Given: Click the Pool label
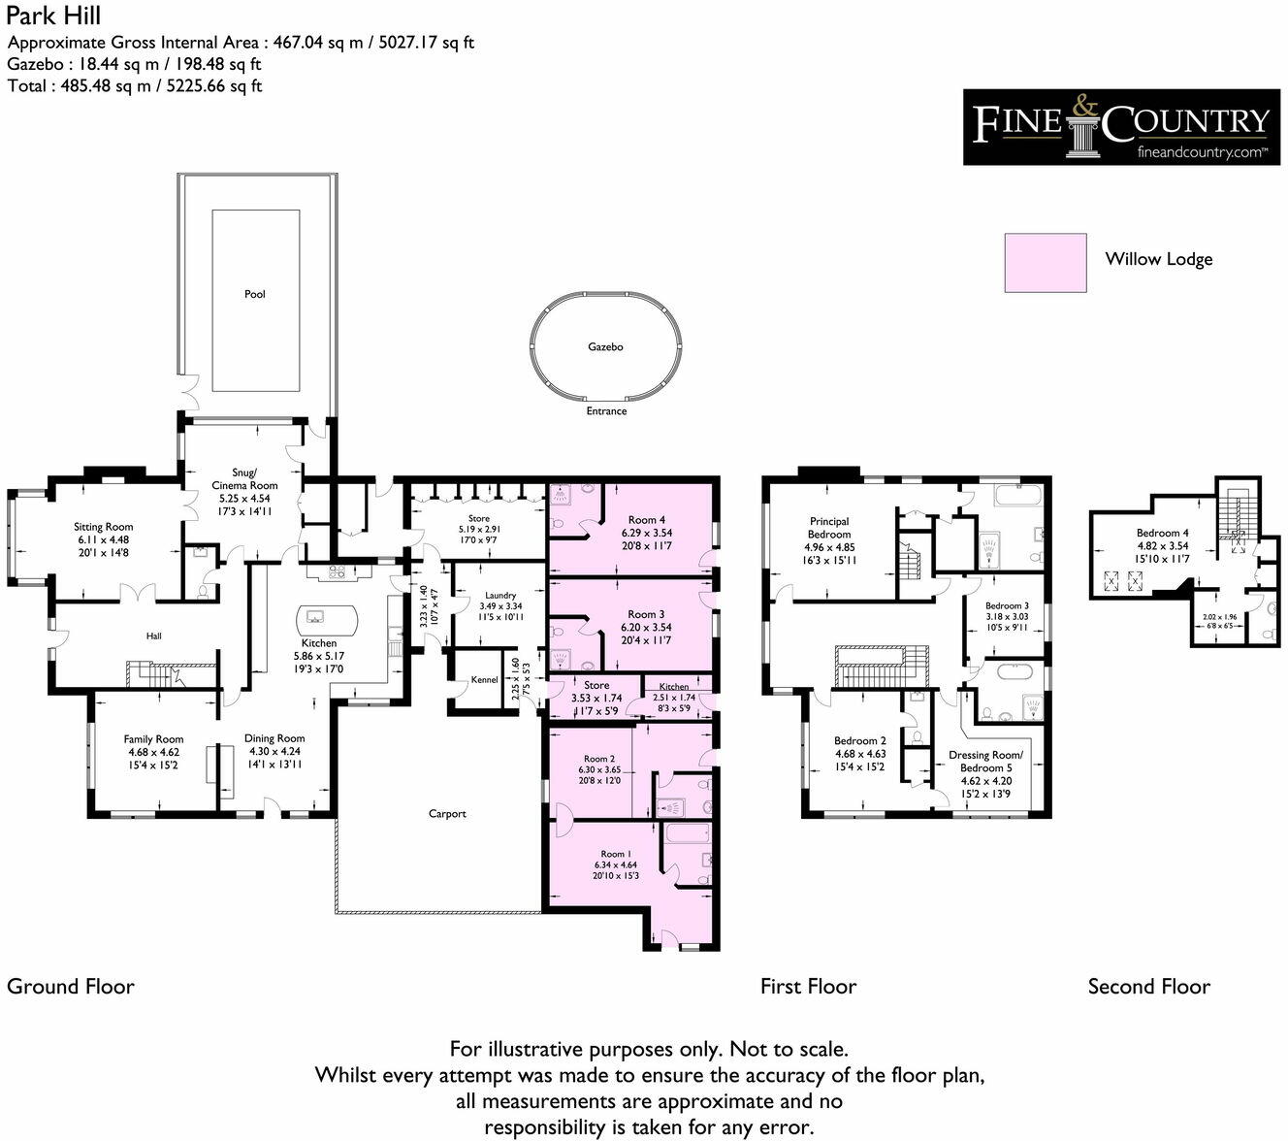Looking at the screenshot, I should coord(254,294).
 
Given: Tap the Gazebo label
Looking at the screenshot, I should coord(605,346).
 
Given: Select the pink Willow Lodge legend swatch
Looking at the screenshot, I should coord(1045,262).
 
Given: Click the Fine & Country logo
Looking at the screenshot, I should coord(1120,127).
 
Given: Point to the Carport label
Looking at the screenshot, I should coord(447,814).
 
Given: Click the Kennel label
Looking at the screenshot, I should coord(484,680).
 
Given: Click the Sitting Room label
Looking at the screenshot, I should coord(104,527).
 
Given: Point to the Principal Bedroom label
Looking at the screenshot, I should coord(829,528).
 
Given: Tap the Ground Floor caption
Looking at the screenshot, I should coord(71,987).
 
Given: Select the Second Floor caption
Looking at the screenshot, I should coord(1148,987).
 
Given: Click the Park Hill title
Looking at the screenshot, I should coord(53,16).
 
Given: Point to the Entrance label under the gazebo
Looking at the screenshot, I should coord(606,411).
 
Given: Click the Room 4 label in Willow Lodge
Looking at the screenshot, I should coord(647,519).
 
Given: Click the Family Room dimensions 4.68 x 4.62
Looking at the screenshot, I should coord(154,752).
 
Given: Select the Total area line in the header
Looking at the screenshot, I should coord(135,85).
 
